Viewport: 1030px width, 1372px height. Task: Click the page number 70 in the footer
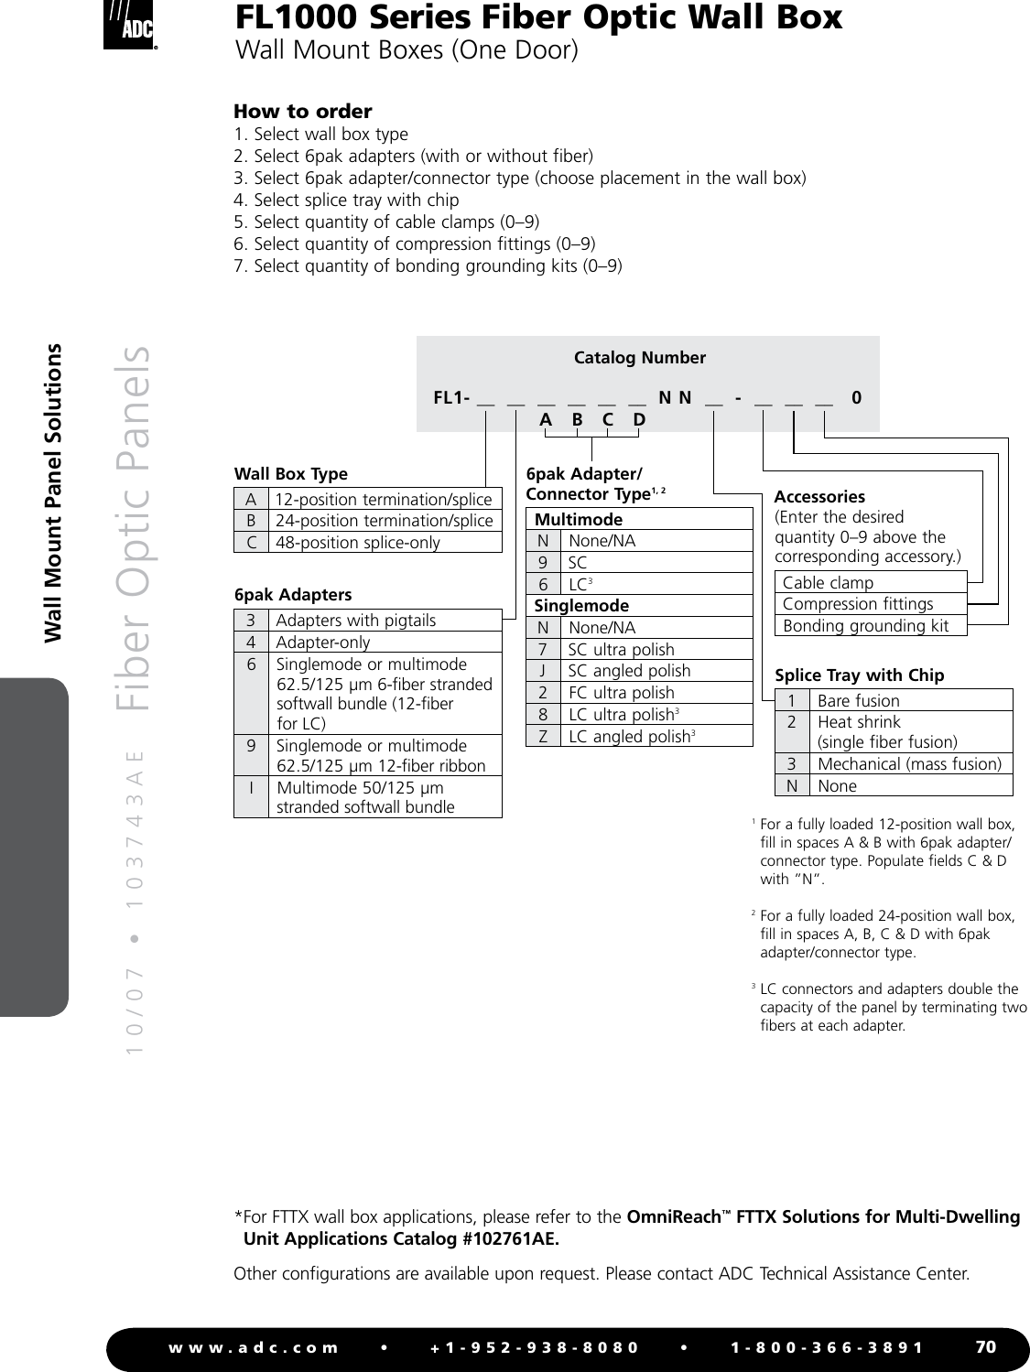[985, 1346]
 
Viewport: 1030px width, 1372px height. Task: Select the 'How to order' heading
[302, 112]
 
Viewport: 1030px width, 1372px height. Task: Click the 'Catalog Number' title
[639, 358]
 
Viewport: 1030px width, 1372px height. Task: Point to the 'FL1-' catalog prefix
[451, 398]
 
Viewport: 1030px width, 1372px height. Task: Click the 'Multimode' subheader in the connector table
[578, 519]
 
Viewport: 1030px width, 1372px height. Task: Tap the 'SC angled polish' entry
[629, 671]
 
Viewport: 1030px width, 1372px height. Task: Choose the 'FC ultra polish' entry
[621, 693]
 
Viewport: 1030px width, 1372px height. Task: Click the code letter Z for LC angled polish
[543, 736]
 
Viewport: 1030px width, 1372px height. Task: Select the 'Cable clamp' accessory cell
[828, 582]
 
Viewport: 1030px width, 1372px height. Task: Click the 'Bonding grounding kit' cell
[865, 626]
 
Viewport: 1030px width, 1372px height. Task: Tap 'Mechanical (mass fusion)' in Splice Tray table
[908, 763]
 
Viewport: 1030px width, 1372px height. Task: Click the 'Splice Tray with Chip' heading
[859, 675]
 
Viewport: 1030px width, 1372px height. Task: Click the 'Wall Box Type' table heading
[291, 474]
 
